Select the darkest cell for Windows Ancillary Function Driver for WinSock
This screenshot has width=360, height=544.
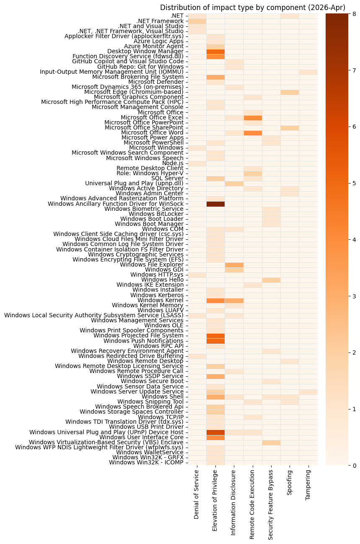(x=215, y=204)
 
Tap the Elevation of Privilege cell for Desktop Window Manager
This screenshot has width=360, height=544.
(x=215, y=52)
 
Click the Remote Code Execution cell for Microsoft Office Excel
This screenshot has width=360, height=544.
(x=253, y=118)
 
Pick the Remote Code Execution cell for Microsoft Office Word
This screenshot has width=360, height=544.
(x=253, y=133)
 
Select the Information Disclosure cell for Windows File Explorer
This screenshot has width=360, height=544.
(x=234, y=265)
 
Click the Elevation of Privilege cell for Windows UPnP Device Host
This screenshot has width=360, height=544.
(x=215, y=432)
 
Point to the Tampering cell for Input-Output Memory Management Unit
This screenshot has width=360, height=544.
(x=308, y=72)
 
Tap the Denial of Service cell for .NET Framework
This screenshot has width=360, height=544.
(x=197, y=21)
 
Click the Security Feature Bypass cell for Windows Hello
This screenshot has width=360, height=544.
(x=271, y=280)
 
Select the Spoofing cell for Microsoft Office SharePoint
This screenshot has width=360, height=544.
(x=290, y=128)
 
